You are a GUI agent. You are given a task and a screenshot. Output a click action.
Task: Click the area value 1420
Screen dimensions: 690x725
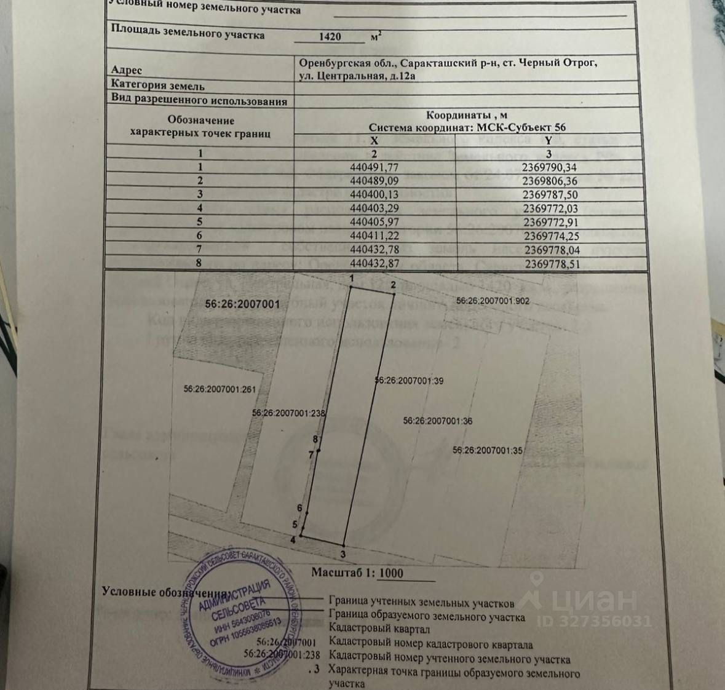pyautogui.click(x=330, y=36)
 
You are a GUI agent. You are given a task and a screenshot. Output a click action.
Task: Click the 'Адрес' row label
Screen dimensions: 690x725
pyautogui.click(x=127, y=70)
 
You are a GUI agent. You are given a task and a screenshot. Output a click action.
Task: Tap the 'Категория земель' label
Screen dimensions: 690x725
pyautogui.click(x=157, y=86)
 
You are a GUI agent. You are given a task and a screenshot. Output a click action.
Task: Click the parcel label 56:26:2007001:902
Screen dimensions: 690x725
pyautogui.click(x=493, y=301)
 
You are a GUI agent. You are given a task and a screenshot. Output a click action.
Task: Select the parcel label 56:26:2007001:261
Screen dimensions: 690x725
pyautogui.click(x=219, y=389)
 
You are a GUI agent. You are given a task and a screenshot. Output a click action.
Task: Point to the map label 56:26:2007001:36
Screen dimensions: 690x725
pyautogui.click(x=438, y=421)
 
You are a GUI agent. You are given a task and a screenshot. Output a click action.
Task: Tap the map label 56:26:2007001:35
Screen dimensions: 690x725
pyautogui.click(x=488, y=450)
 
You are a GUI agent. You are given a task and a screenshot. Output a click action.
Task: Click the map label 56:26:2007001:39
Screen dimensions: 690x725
pyautogui.click(x=410, y=381)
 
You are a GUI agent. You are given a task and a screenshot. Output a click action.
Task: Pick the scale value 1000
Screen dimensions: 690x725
pyautogui.click(x=391, y=574)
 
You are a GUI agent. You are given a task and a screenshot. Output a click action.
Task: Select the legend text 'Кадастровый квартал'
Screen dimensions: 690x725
pyautogui.click(x=379, y=629)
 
